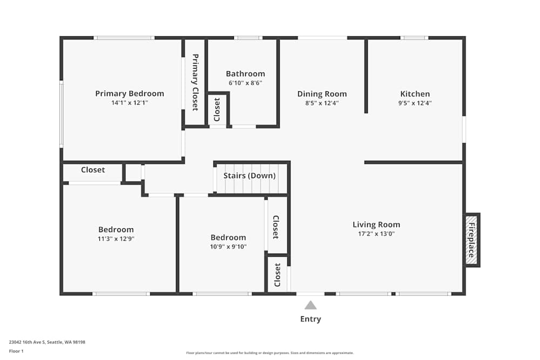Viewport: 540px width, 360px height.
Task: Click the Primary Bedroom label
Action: (x=130, y=93)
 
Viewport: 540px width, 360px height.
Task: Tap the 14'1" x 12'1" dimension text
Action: (x=130, y=103)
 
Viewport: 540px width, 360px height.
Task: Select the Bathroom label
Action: (x=246, y=73)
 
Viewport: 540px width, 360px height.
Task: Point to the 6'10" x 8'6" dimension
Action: (x=246, y=83)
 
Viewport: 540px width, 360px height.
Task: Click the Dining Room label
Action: (x=322, y=94)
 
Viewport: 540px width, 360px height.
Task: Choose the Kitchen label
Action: (x=415, y=94)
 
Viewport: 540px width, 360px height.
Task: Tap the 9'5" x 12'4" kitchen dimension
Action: (x=415, y=103)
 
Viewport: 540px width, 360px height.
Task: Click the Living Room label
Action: (x=376, y=225)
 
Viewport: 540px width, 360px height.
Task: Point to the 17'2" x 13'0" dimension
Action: (x=376, y=234)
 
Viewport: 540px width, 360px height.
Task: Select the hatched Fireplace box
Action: (x=472, y=240)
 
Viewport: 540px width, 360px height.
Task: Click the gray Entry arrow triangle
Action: (x=310, y=305)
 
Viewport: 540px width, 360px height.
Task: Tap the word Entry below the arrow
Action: (x=310, y=319)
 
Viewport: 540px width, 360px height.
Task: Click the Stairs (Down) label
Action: (x=249, y=175)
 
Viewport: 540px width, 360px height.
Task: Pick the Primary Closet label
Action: (x=195, y=82)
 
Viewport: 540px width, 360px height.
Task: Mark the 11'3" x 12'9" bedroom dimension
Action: (x=116, y=239)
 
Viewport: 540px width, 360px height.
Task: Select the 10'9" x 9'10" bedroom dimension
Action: (x=228, y=247)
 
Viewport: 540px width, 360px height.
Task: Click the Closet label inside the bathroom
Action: (x=217, y=110)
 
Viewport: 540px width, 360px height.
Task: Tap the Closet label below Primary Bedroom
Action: (x=93, y=169)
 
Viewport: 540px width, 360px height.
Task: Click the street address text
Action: (x=47, y=342)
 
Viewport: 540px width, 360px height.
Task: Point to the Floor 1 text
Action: (x=16, y=351)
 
